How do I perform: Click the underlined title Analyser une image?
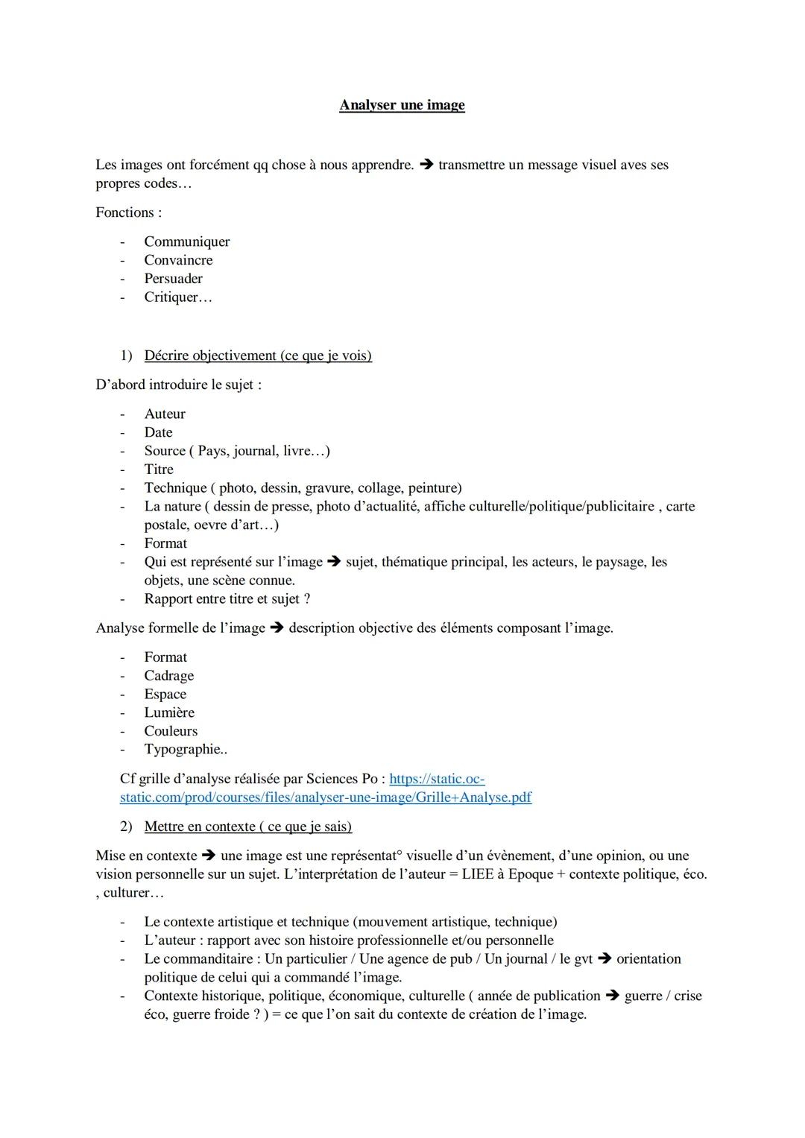[x=402, y=105]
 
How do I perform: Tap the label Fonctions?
[x=128, y=212]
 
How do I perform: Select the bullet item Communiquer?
[x=187, y=241]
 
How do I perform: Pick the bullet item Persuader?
[x=174, y=279]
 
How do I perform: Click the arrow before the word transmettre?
[x=426, y=165]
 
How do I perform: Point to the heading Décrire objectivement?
[x=258, y=355]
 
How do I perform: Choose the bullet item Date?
[x=159, y=432]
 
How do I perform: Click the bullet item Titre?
[x=159, y=470]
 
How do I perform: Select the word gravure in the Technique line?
[x=329, y=488]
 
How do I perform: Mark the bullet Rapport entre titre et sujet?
[x=227, y=599]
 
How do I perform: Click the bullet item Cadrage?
[x=169, y=676]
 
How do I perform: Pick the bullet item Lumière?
[x=169, y=712]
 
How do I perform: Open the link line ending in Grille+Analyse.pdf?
[x=326, y=797]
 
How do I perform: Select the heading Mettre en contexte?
[x=248, y=826]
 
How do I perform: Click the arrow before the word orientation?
[x=604, y=959]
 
